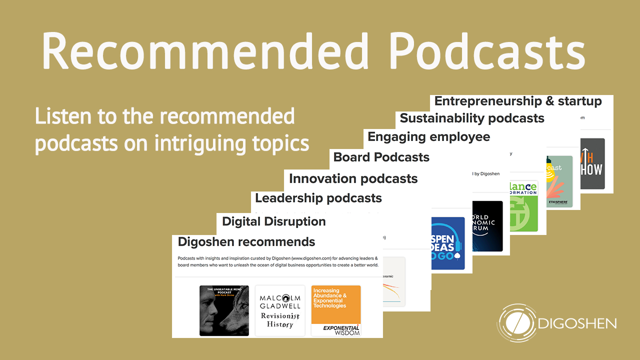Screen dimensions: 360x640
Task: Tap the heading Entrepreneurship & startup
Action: [x=518, y=101]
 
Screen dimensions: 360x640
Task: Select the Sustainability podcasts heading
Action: [x=472, y=118]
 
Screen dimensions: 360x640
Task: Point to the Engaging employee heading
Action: [x=428, y=136]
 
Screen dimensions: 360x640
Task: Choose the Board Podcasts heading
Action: [x=381, y=157]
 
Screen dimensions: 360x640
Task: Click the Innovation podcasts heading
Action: [x=353, y=178]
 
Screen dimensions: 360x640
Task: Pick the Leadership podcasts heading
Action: [x=318, y=198]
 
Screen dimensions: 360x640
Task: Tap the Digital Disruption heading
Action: [x=273, y=221]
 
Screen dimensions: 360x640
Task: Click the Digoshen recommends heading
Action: [x=246, y=242]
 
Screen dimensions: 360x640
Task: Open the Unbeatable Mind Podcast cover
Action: [x=224, y=310]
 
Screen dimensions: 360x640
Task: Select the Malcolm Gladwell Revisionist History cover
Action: [x=280, y=310]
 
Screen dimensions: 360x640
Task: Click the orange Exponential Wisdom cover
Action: [x=336, y=310]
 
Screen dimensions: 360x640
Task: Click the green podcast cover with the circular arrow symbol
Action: [x=523, y=206]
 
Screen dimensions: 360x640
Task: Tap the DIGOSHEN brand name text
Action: [x=577, y=324]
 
